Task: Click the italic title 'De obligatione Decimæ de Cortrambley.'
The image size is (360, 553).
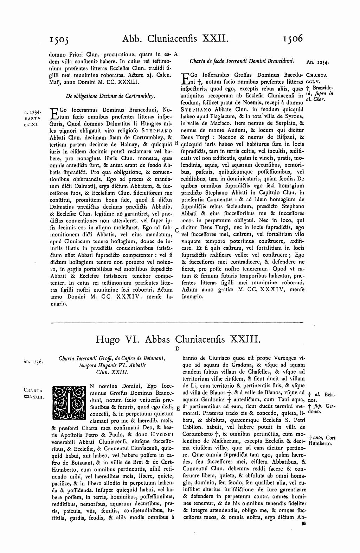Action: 111,95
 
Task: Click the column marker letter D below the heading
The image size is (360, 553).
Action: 178,349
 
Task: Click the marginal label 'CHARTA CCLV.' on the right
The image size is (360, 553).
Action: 317,77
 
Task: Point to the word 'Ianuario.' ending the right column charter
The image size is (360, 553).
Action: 192,297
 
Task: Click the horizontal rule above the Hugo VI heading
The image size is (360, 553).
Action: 178,322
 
